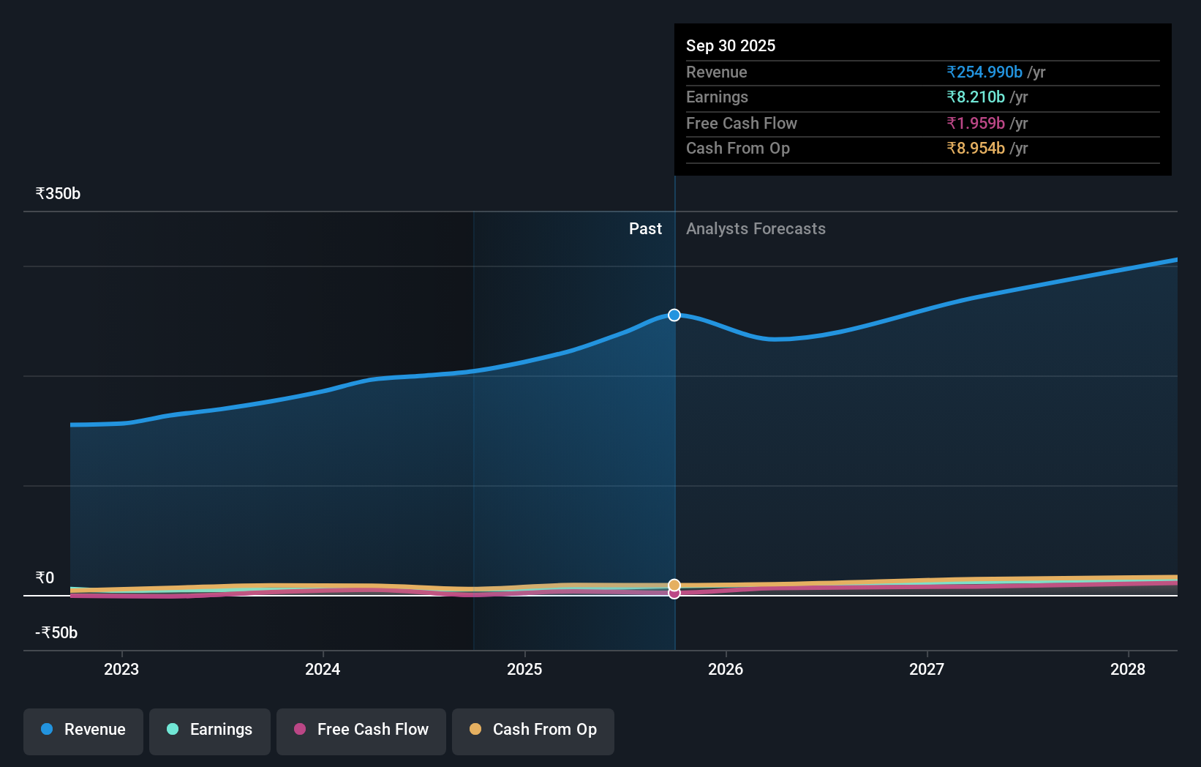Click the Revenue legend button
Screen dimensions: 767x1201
coord(83,730)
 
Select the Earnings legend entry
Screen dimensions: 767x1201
coord(210,730)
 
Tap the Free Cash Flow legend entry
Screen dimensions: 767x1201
coord(361,730)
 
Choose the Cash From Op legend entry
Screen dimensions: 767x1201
coord(533,730)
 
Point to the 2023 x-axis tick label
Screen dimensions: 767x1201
coord(121,669)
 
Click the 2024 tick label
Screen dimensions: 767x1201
coord(323,669)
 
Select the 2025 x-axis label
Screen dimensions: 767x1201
coord(524,669)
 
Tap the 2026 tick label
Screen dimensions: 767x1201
coord(726,669)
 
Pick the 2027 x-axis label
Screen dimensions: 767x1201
coord(927,669)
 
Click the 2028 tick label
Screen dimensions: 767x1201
coord(1128,669)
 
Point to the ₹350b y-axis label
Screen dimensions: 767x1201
coord(58,194)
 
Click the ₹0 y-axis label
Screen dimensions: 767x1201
coord(45,578)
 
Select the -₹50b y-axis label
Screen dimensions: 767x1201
coord(56,633)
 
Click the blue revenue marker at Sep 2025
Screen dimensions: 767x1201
coord(674,315)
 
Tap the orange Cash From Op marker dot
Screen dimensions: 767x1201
coord(674,585)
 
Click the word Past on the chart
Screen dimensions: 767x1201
coord(645,229)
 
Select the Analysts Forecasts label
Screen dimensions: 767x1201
coord(756,229)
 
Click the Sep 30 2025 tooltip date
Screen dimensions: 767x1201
coord(731,46)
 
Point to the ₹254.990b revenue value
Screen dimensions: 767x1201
coord(984,72)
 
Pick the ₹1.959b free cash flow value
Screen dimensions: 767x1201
coord(976,124)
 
